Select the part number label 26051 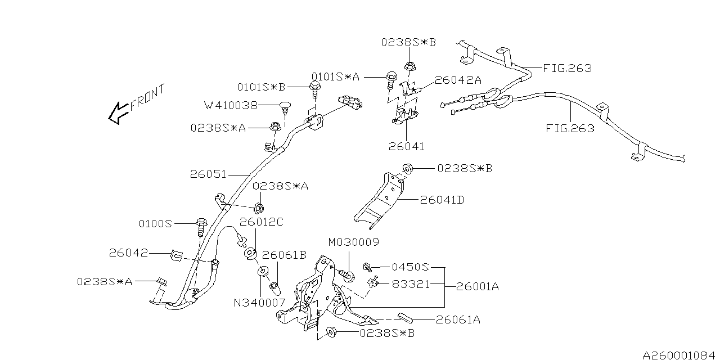(209, 174)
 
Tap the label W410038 (231, 105)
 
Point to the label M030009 (354, 242)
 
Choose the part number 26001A (478, 286)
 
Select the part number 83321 (411, 285)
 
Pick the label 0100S (155, 223)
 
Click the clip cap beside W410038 (286, 105)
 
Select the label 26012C (262, 222)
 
